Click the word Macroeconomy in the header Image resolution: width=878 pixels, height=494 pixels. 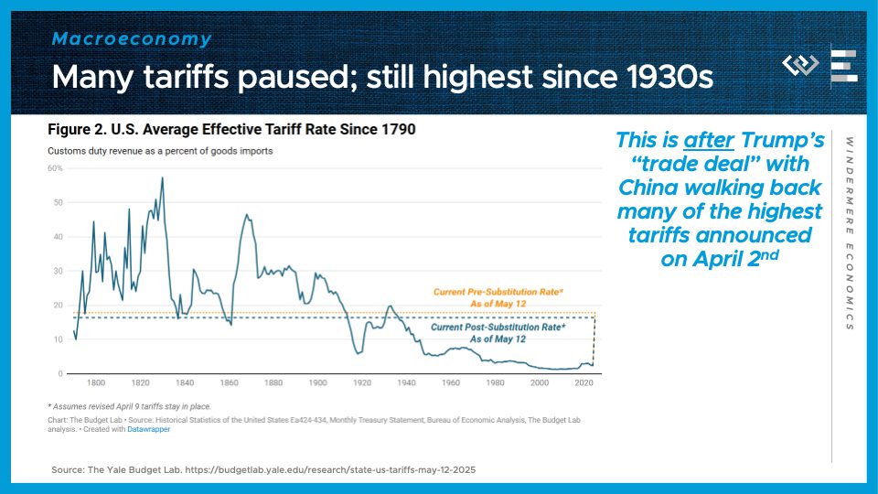click(x=131, y=39)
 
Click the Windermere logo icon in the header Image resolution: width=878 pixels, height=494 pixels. click(x=801, y=65)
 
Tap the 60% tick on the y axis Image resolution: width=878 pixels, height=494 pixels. click(x=55, y=168)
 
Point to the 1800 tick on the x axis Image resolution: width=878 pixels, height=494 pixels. click(x=96, y=383)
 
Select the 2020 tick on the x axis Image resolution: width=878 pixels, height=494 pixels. click(x=584, y=383)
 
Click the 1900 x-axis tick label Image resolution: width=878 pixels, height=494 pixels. click(x=318, y=383)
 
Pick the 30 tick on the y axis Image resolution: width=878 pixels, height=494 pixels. click(x=57, y=271)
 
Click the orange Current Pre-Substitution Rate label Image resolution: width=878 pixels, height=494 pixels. click(x=498, y=297)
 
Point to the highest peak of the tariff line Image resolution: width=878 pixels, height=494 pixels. click(x=163, y=177)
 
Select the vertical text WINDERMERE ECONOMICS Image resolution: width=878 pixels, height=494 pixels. click(x=849, y=234)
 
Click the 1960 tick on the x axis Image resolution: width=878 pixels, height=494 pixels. click(x=451, y=383)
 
